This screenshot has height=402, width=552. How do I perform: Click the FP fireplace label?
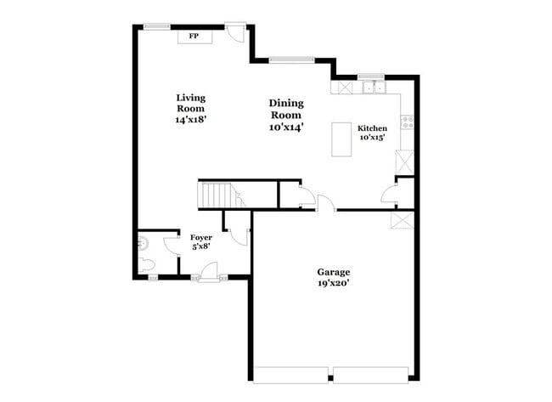[x=193, y=37]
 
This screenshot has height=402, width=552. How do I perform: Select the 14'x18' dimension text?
[x=191, y=121]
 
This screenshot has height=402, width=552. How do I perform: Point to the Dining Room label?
[x=286, y=109]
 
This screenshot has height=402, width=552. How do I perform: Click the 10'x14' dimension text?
[x=287, y=127]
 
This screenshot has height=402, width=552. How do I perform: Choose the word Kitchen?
[x=372, y=128]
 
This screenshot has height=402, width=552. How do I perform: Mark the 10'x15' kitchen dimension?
[x=372, y=138]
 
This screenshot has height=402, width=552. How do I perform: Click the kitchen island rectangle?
[x=341, y=139]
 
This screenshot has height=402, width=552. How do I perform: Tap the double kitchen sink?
[x=372, y=87]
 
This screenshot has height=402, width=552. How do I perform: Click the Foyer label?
[x=200, y=237]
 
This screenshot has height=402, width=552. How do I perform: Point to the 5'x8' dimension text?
[x=200, y=246]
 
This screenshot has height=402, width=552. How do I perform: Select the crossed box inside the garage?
[x=400, y=219]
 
